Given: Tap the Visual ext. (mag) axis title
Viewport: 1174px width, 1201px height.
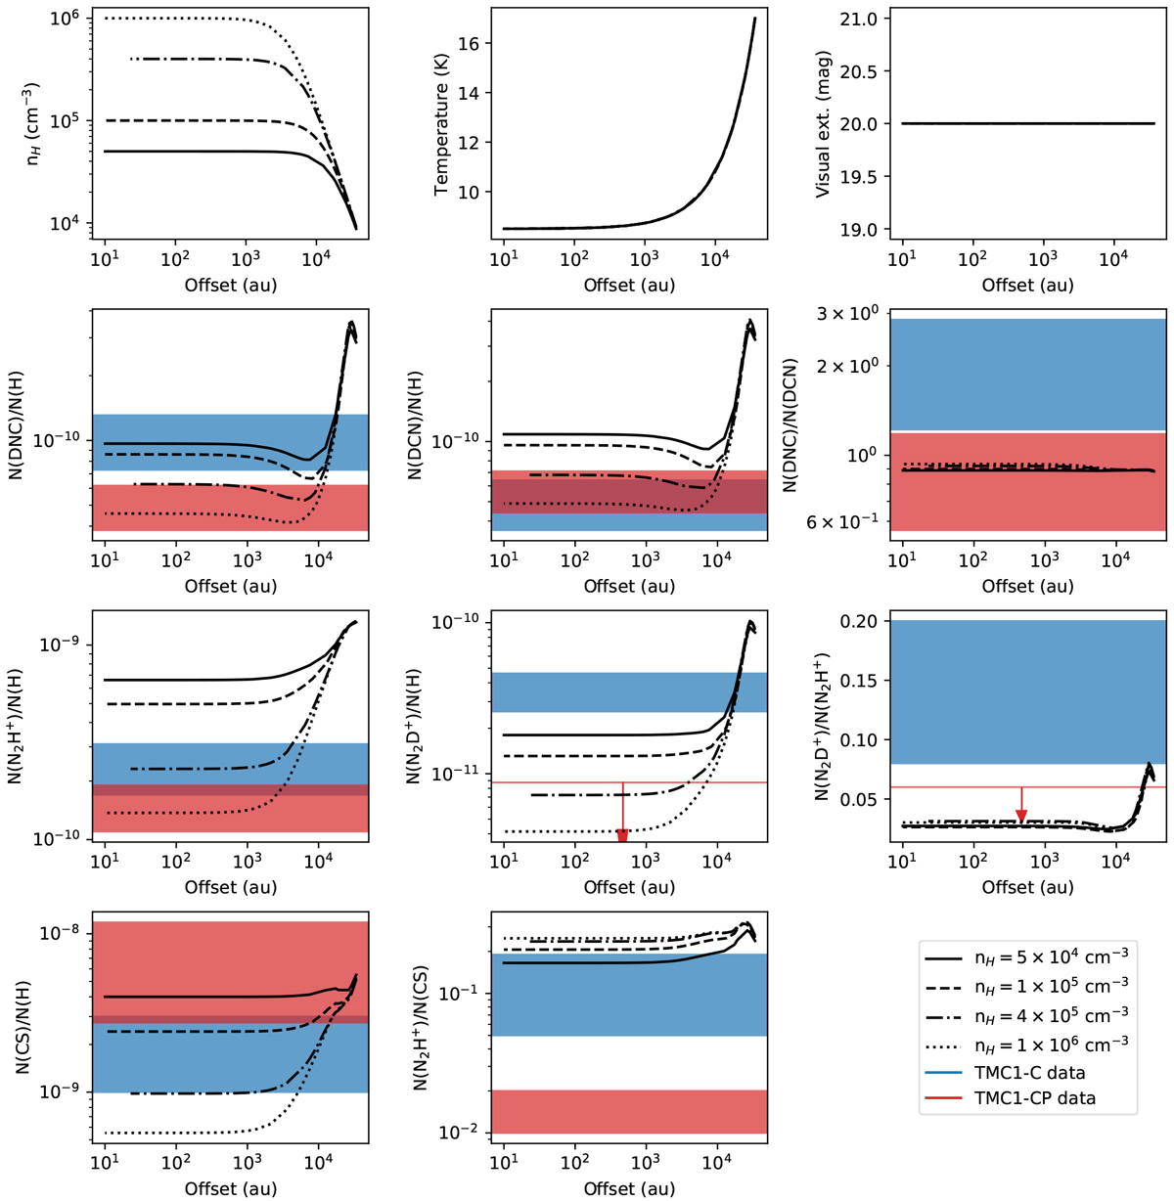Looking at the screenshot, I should click(x=824, y=124).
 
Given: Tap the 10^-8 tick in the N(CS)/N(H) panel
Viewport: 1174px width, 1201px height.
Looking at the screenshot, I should click(x=65, y=934).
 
